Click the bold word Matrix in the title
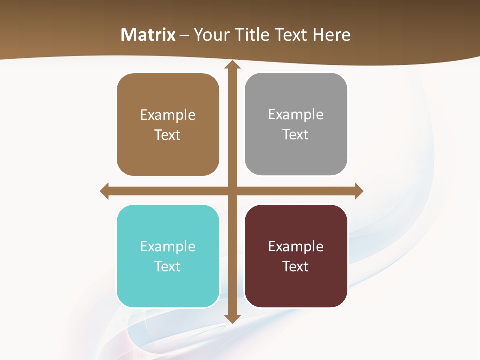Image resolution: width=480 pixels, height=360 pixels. tap(148, 35)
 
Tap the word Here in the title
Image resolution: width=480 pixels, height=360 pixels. tap(331, 35)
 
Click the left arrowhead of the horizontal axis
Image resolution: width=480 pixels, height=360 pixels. tap(105, 191)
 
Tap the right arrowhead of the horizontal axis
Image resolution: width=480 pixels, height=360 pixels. tap(359, 191)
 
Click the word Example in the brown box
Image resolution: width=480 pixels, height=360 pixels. tap(168, 115)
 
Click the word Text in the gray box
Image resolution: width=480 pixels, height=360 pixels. tap(296, 135)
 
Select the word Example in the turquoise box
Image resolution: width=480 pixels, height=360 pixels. tap(168, 247)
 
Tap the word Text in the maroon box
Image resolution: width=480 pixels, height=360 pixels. tap(296, 266)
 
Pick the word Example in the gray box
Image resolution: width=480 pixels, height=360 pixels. tap(296, 115)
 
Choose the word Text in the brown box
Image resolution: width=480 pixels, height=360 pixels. tap(168, 135)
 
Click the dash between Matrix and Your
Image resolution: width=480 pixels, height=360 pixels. tap(184, 35)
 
